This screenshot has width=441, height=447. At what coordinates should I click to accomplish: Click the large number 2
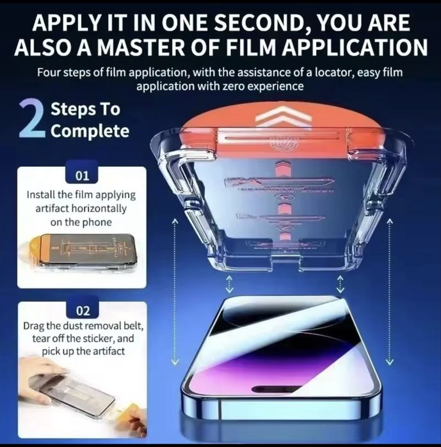coord(31,118)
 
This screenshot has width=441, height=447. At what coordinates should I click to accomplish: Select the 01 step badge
coord(83,175)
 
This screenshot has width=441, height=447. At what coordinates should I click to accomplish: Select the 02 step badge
coord(83,311)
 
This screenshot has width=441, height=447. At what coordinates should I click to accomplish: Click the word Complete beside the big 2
coord(90,132)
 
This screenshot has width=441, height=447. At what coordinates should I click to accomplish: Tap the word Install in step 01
coord(40,194)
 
